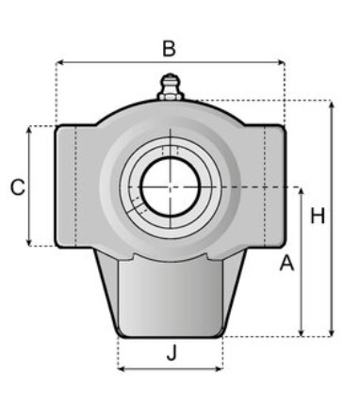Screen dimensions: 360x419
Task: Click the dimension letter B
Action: click(x=169, y=49)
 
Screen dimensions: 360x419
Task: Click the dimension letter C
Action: click(x=18, y=187)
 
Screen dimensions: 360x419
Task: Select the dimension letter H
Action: click(x=318, y=216)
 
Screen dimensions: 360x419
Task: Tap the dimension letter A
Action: click(x=286, y=263)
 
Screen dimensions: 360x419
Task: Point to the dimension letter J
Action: click(x=172, y=353)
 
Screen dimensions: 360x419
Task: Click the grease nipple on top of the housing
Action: click(x=171, y=88)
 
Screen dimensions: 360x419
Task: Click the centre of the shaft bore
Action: click(x=171, y=187)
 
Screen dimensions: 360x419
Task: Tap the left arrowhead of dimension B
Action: click(x=58, y=63)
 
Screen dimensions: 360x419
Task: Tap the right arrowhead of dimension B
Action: click(x=282, y=63)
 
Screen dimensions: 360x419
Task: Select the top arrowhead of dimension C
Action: click(x=29, y=129)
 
